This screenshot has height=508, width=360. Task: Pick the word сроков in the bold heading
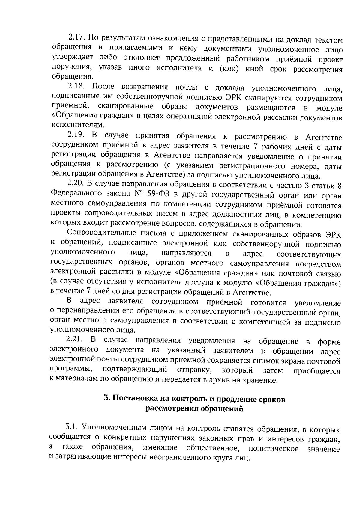(271, 399)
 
